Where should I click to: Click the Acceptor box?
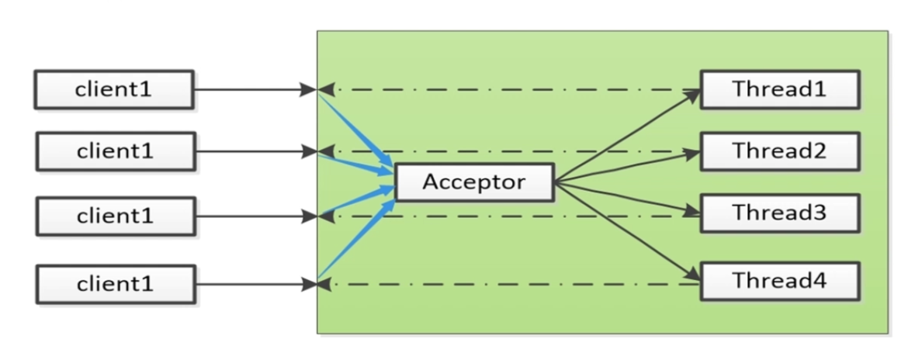[474, 183]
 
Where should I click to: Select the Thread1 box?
[779, 89]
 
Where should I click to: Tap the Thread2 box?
[779, 151]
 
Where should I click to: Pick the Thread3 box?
[779, 213]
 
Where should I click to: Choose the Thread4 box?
[779, 281]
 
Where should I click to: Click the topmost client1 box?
[113, 89]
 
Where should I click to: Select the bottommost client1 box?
[113, 284]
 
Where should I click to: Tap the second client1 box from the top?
[113, 151]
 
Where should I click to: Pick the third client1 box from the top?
[113, 216]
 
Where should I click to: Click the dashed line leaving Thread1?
[512, 89]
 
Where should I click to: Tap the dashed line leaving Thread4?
[512, 285]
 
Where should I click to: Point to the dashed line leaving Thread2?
[512, 151]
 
